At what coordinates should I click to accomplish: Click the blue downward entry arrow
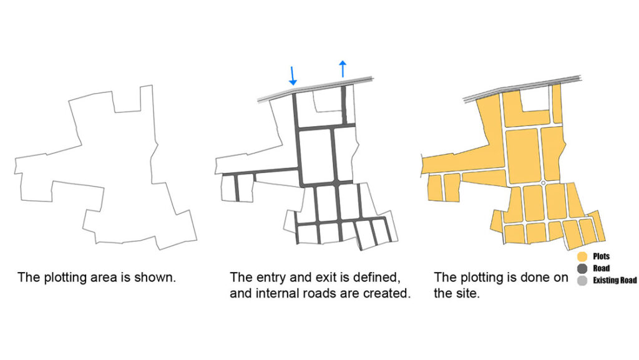pyautogui.click(x=292, y=75)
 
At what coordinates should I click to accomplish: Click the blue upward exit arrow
pyautogui.click(x=343, y=69)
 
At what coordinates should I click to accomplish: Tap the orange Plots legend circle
pyautogui.click(x=582, y=256)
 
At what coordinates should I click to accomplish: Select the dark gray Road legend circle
pyautogui.click(x=582, y=268)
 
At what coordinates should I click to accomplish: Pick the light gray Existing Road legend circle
pyautogui.click(x=582, y=280)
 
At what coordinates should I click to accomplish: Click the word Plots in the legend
pyautogui.click(x=601, y=256)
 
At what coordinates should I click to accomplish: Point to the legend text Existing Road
pyautogui.click(x=615, y=280)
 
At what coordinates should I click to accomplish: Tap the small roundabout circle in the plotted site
pyautogui.click(x=543, y=183)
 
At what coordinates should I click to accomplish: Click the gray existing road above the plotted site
pyautogui.click(x=522, y=87)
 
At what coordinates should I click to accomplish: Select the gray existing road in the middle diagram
pyautogui.click(x=315, y=90)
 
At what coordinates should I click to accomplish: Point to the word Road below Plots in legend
pyautogui.click(x=601, y=268)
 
